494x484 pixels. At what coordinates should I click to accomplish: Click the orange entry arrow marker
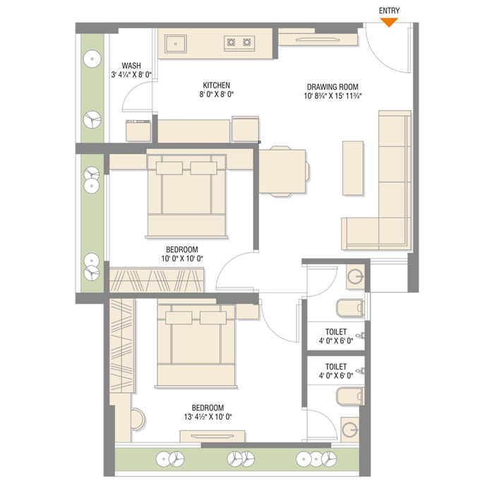coord(389,22)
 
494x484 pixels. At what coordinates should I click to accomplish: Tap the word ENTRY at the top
coord(389,11)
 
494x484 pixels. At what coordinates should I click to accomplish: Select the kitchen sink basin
coord(176,44)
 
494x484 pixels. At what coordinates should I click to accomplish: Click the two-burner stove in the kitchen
coord(239,43)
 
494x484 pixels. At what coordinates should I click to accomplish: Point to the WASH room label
coord(131,66)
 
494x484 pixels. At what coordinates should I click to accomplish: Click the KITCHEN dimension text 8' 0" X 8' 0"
coord(217,95)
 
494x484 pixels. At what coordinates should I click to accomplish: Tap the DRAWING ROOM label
coord(332,87)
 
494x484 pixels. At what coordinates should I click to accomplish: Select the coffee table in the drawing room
coord(353,168)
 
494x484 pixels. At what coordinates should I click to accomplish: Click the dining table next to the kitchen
coord(282,171)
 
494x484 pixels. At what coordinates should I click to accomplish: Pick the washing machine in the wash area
coord(138,131)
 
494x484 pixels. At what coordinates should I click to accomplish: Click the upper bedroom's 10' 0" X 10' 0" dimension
coord(182,259)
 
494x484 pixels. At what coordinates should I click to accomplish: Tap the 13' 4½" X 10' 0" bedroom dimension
coord(208,417)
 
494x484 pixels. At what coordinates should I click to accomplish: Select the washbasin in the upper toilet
coord(356,277)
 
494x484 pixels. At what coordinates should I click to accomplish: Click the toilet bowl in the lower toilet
coord(350,396)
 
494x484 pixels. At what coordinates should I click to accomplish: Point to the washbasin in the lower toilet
coord(350,430)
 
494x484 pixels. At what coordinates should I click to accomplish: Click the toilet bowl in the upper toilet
coord(350,307)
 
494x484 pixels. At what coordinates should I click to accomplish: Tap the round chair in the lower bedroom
coord(138,419)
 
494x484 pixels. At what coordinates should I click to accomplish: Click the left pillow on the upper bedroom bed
coord(169,168)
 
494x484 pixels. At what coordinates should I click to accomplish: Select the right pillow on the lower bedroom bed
coord(213,318)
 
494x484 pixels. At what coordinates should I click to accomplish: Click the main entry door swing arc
coord(380,57)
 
